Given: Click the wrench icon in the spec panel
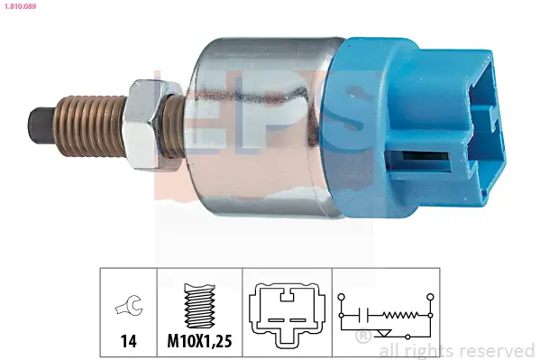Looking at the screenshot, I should pos(129,308).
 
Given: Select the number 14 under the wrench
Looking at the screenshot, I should pos(128,341).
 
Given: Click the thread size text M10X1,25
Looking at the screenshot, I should pos(200,341).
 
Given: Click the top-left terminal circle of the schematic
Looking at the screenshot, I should pos(341,296).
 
